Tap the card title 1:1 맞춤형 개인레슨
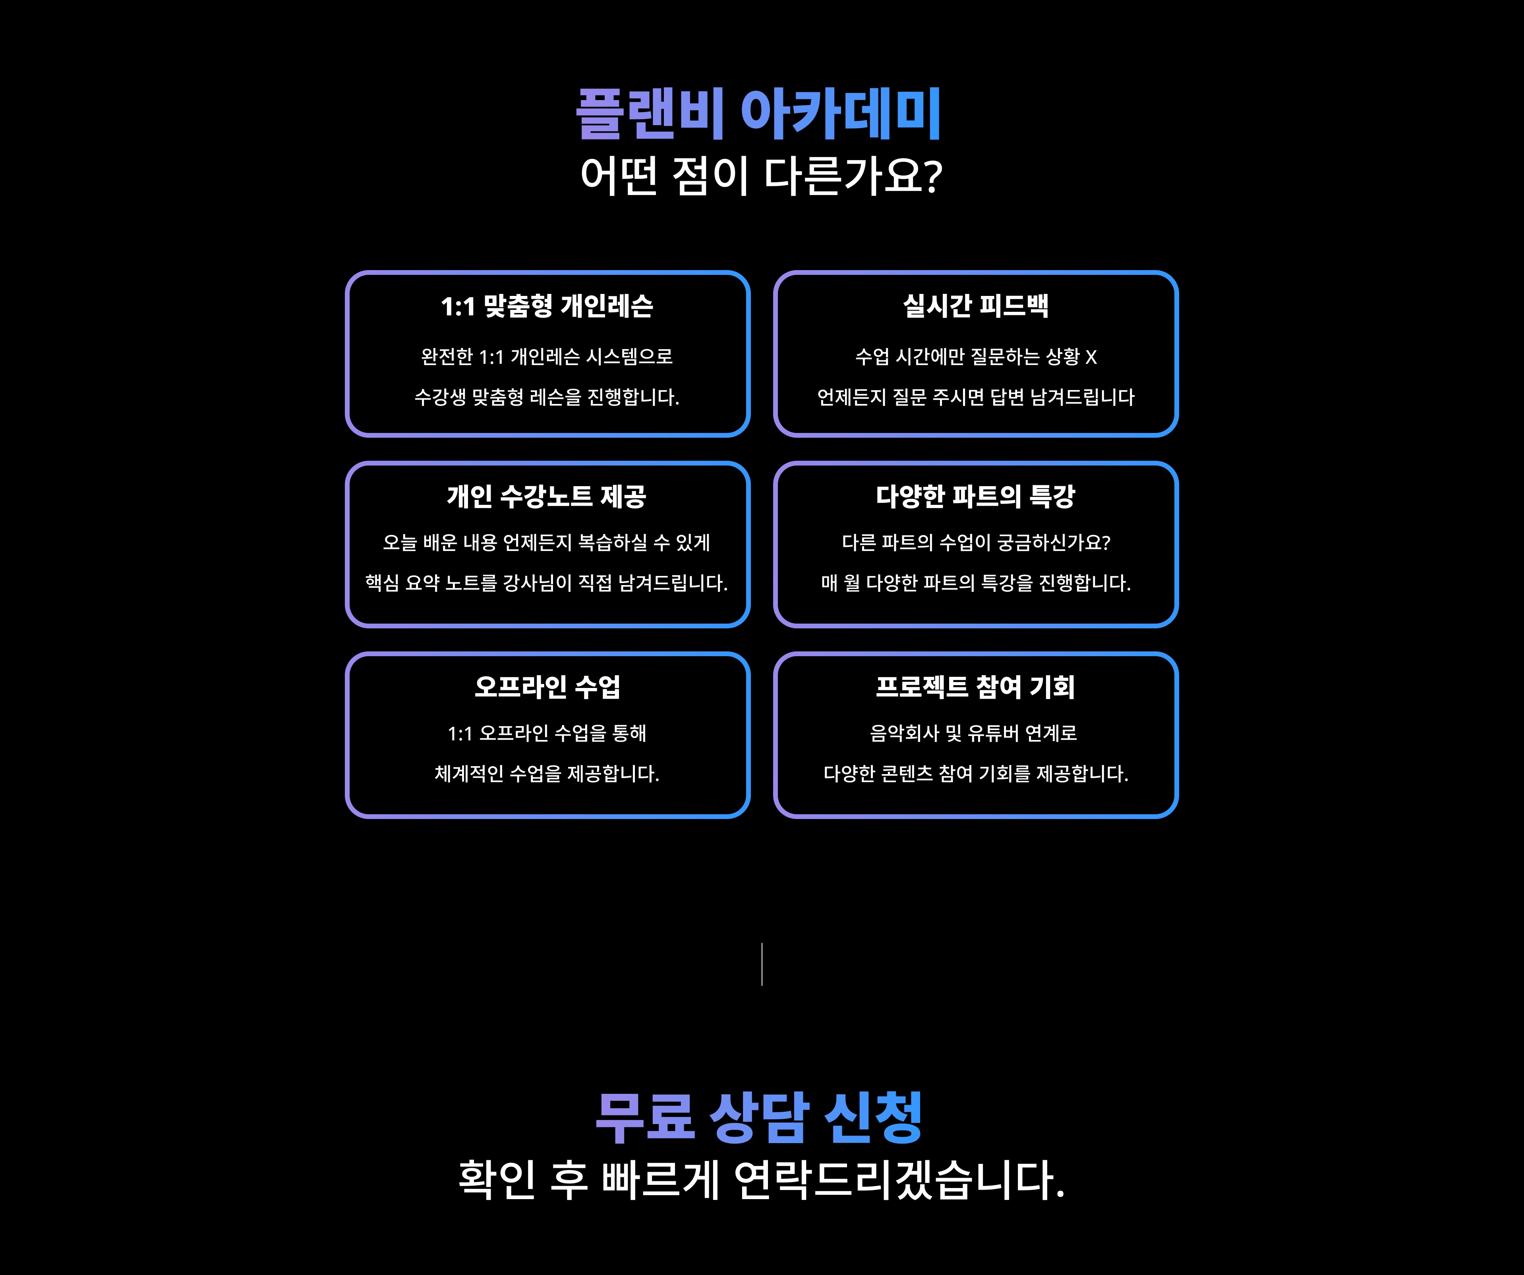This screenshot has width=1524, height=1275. tap(547, 306)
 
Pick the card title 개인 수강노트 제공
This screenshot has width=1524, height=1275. tap(547, 496)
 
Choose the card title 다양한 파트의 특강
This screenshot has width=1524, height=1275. tap(975, 496)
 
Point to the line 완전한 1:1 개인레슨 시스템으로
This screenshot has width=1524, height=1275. tap(547, 356)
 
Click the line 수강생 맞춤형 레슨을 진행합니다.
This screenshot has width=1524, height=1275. tap(547, 397)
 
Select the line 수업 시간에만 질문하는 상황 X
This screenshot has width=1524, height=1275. tap(975, 356)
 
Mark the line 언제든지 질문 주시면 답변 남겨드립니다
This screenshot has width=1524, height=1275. tap(975, 397)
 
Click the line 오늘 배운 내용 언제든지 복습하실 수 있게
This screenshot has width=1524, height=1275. tap(547, 542)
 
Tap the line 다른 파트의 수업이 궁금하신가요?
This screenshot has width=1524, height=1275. tap(975, 542)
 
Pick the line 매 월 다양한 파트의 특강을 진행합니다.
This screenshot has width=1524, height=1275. tap(975, 583)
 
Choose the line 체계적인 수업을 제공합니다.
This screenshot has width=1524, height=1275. tap(547, 774)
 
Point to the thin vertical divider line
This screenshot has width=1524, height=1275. tap(761, 964)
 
